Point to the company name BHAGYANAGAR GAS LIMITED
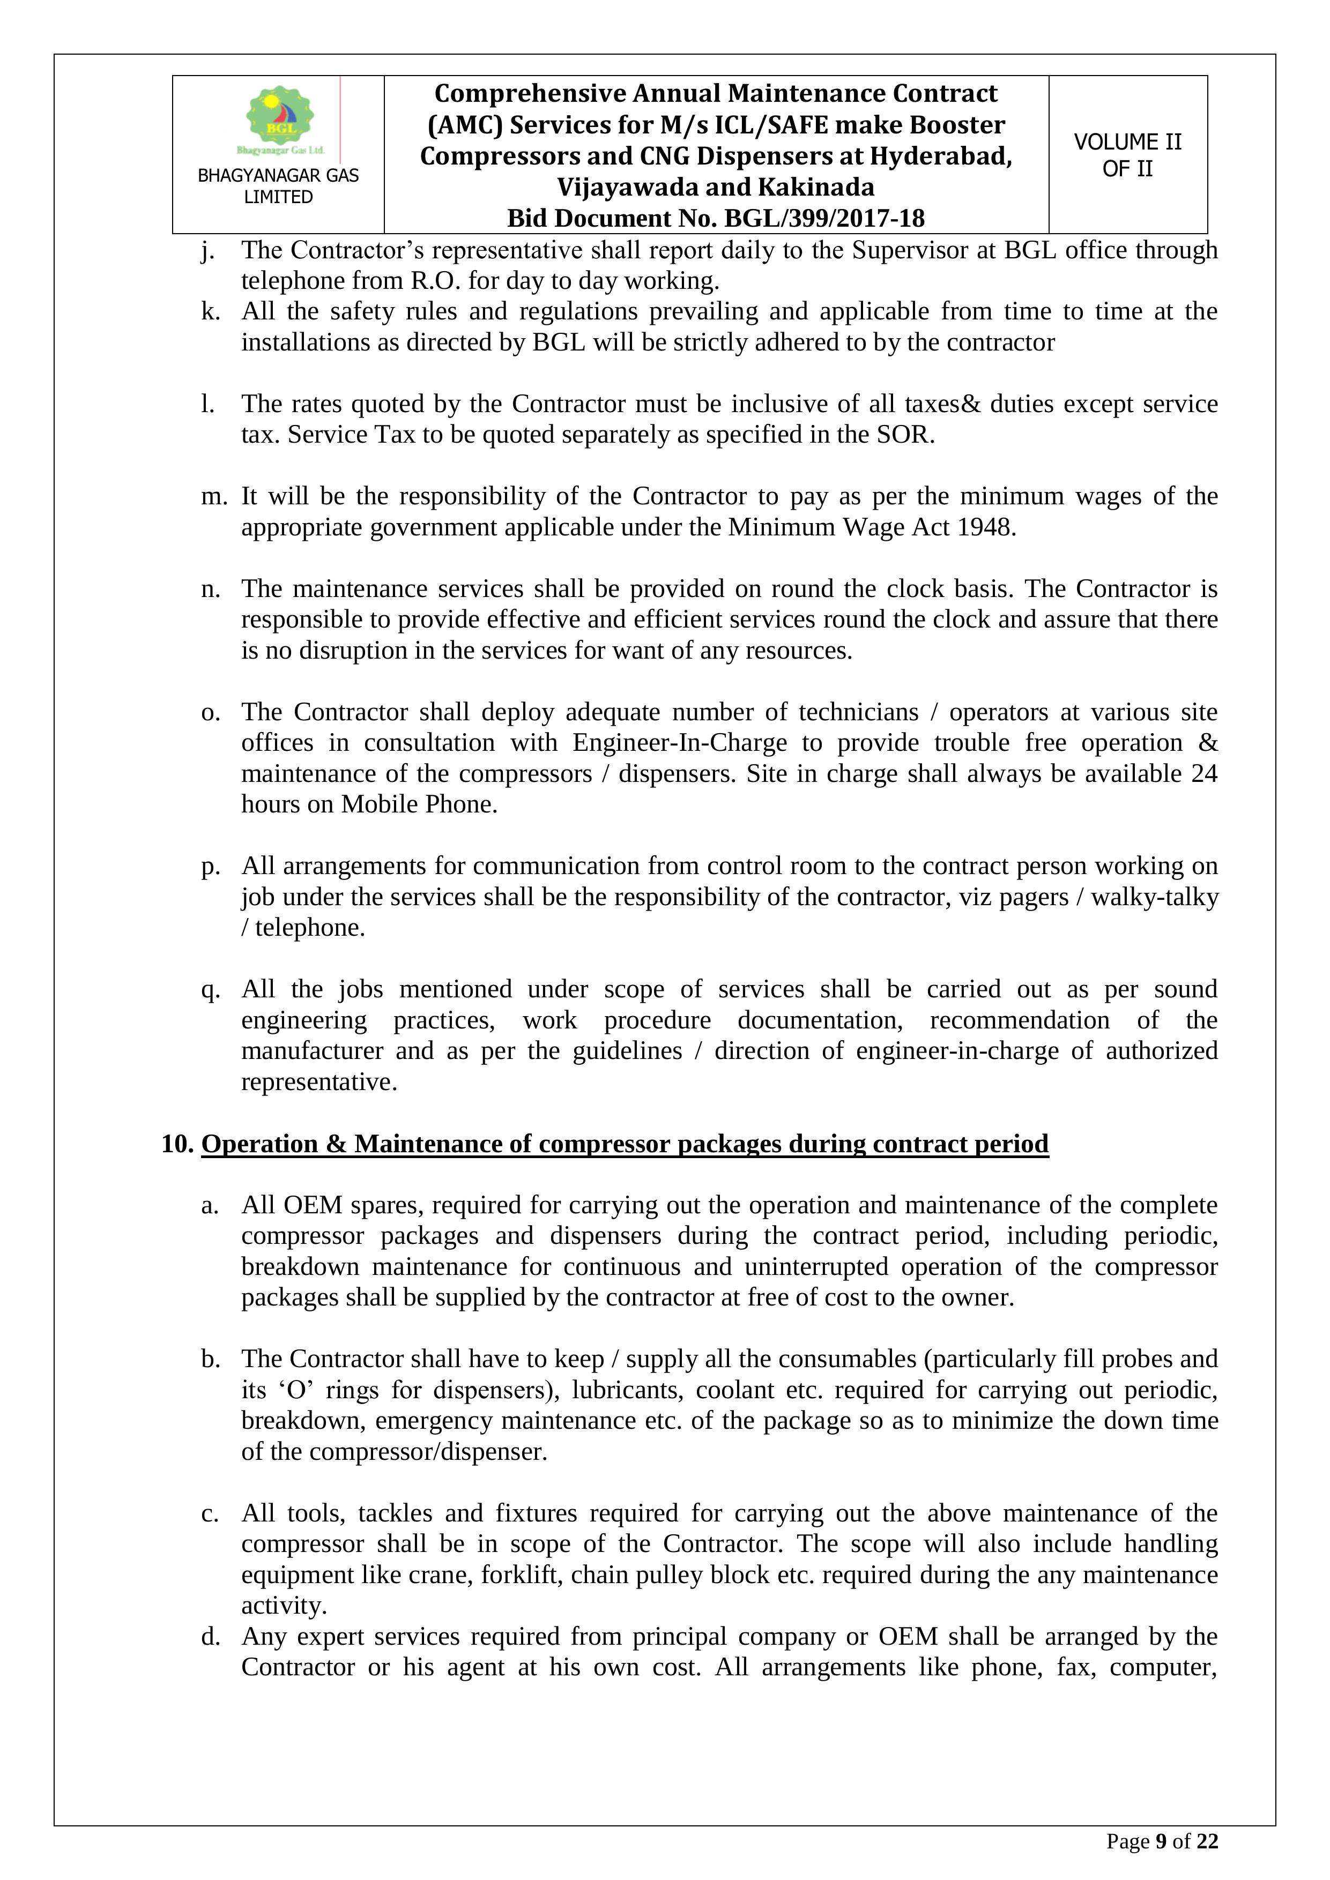click(x=278, y=186)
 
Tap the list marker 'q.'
click(x=210, y=990)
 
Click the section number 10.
click(x=176, y=1144)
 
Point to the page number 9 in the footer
click(x=1160, y=1841)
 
